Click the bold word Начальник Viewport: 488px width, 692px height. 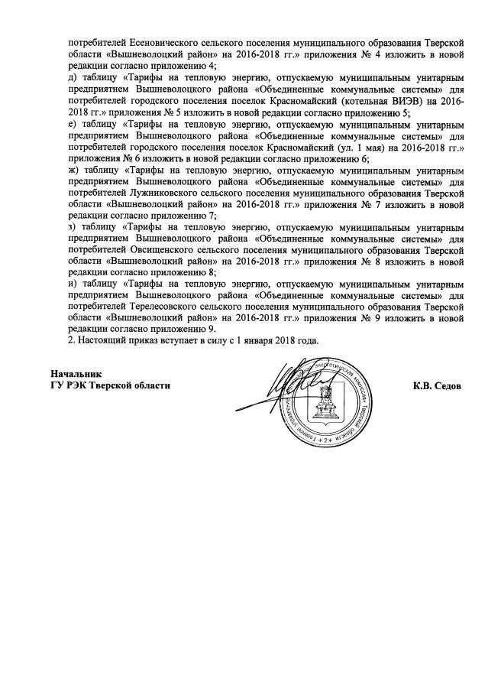75,373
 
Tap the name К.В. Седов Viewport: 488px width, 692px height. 437,386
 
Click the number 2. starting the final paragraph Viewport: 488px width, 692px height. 72,340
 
